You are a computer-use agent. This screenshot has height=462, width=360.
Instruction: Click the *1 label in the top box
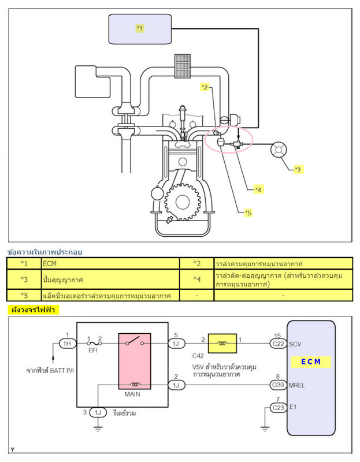click(140, 28)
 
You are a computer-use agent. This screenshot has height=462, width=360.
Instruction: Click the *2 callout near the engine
click(205, 87)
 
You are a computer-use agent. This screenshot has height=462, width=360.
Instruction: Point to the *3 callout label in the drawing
click(298, 169)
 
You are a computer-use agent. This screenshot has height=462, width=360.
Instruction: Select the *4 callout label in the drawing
click(258, 189)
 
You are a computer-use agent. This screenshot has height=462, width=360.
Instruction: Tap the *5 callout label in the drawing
click(248, 213)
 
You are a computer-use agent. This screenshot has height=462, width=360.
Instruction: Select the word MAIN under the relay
click(134, 396)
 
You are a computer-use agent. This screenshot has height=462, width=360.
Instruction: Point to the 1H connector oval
click(67, 343)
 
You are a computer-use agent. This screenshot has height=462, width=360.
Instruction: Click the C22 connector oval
click(278, 343)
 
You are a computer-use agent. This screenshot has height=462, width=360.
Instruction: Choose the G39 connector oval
click(278, 385)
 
